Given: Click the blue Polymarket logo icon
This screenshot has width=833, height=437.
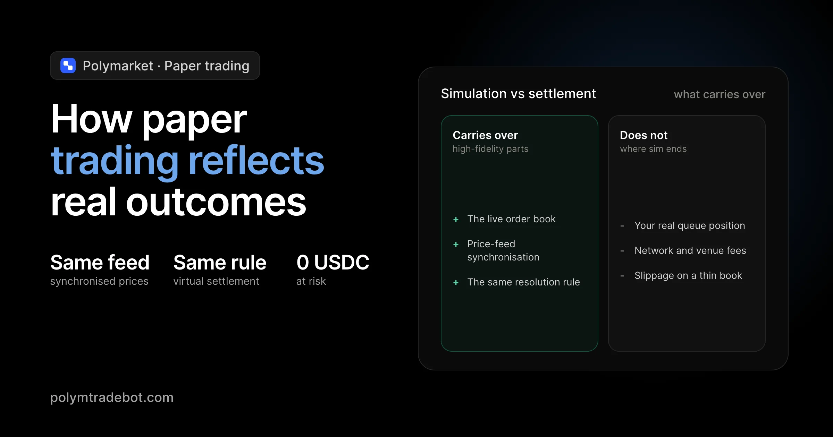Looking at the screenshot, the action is (68, 66).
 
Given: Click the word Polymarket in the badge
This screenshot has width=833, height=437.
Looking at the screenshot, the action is (118, 66).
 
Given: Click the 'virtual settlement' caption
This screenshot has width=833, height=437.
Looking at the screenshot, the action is (216, 281).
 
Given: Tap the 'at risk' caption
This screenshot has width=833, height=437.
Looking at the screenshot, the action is (311, 281).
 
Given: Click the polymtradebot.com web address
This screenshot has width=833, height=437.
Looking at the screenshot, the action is (112, 397).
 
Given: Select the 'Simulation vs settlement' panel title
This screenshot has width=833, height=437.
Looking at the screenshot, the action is (519, 94).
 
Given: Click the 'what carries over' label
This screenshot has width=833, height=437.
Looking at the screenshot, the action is (720, 94).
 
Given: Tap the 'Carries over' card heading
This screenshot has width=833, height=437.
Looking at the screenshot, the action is (485, 135).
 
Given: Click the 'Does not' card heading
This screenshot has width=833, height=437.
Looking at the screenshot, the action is (644, 135).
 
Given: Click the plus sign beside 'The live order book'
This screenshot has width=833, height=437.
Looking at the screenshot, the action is (456, 220).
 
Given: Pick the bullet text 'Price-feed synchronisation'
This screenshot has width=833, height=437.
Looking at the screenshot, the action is (503, 250).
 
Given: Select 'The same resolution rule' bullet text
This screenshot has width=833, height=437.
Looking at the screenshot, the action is (523, 282).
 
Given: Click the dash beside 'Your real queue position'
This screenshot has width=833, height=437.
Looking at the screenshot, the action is (622, 226).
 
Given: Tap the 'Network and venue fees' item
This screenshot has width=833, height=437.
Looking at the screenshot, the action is (690, 250).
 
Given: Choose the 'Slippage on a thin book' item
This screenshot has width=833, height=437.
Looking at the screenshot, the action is (688, 276).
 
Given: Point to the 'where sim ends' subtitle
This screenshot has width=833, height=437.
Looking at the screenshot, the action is (653, 149).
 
